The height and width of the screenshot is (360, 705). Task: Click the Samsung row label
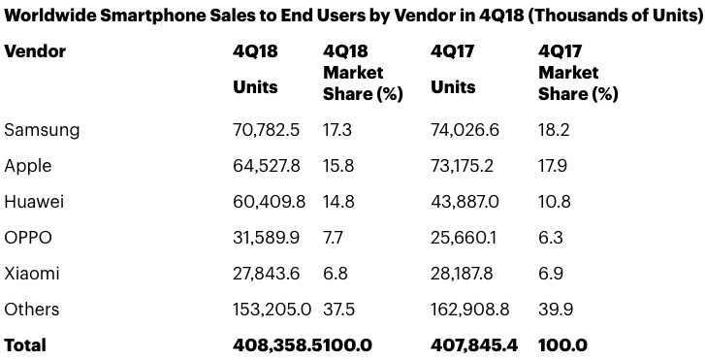42,130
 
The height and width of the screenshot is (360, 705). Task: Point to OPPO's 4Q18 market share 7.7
335,238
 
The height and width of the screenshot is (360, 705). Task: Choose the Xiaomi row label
32,274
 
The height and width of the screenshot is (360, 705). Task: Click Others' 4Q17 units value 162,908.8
470,310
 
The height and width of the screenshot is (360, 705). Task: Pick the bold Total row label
25,344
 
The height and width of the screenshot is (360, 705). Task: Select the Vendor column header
35,51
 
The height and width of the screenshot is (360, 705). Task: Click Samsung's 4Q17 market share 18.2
554,130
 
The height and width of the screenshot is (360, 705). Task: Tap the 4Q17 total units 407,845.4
472,344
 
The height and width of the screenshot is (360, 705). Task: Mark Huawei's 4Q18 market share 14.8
338,202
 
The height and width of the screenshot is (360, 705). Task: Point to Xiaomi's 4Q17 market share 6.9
551,274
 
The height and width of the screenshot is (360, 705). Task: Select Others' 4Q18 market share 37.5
338,310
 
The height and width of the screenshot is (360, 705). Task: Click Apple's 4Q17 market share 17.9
554,166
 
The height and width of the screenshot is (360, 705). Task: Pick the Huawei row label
34,202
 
